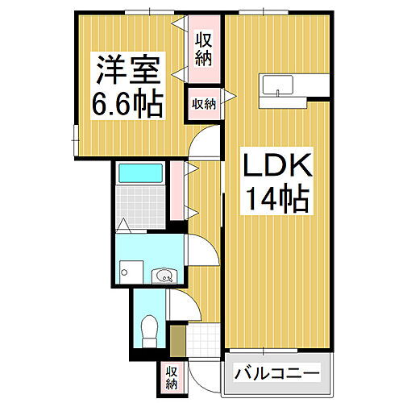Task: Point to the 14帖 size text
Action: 276,199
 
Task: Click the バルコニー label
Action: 277,372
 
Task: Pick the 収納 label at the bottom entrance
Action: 172,376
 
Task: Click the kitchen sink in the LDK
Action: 278,85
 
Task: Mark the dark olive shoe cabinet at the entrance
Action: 177,339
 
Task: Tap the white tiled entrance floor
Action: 201,342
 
